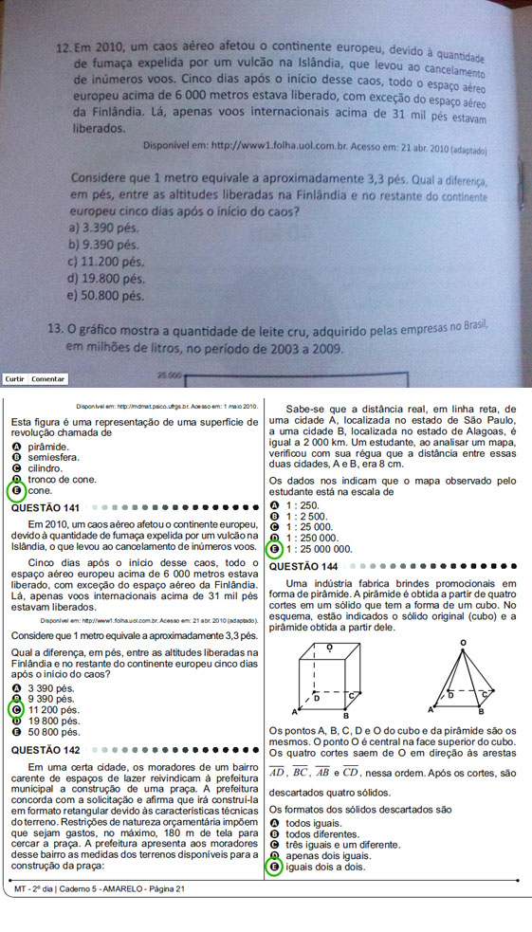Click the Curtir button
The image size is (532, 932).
[x=14, y=379]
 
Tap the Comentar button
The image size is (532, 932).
[x=48, y=379]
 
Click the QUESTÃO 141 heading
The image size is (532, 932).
[x=45, y=507]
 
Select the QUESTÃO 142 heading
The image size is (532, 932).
[x=45, y=750]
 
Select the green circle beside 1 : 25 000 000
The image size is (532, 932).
[x=275, y=549]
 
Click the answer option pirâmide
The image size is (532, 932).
[x=46, y=446]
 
